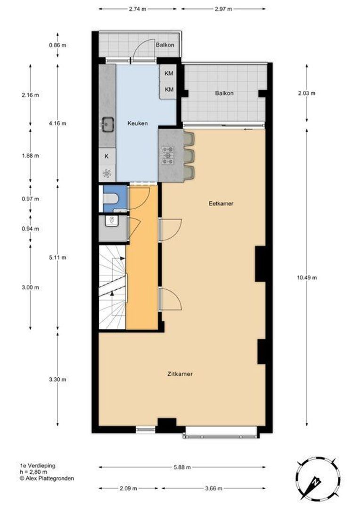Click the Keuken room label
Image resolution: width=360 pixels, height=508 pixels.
138,124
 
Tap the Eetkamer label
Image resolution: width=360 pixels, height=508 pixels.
221,204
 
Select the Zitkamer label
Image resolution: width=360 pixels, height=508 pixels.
180,374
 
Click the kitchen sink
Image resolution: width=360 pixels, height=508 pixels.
106,124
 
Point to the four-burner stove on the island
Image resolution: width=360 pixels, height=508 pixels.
168,155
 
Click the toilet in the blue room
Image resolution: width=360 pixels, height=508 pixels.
109,198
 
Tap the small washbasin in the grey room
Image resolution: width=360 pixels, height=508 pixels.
113,221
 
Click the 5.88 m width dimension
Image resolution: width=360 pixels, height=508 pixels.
182,467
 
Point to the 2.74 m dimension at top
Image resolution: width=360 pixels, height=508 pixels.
138,8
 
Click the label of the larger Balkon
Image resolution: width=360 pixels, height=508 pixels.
224,93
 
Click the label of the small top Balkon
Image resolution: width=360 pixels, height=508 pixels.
165,45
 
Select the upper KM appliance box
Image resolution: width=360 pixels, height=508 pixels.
169,73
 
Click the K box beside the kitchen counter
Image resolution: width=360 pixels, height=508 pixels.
107,156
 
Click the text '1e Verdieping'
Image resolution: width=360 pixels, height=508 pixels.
37,466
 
